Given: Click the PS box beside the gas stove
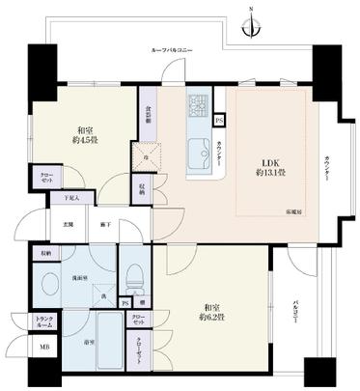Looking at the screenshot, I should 219,120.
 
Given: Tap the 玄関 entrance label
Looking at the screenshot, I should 69,224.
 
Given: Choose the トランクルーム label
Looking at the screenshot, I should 44,324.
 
